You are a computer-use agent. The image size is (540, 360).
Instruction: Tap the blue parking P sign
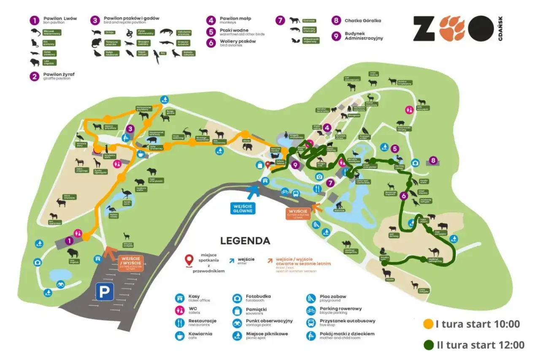click(x=104, y=292)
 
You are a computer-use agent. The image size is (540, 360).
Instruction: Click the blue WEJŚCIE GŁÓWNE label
click(x=243, y=208)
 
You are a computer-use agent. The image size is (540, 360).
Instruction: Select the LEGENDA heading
click(x=245, y=241)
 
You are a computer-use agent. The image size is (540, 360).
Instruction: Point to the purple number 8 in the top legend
click(x=336, y=20)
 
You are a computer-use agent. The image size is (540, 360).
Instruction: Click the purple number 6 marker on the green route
click(x=404, y=195)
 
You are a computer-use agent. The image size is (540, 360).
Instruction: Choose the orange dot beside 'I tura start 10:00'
click(x=428, y=324)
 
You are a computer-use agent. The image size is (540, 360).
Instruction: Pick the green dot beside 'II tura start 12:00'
click(x=428, y=345)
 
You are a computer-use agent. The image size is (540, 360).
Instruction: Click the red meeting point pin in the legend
click(x=190, y=259)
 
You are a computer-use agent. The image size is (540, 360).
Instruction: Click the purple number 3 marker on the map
click(x=131, y=129)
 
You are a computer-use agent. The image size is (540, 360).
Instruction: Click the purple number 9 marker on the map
click(x=295, y=165)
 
